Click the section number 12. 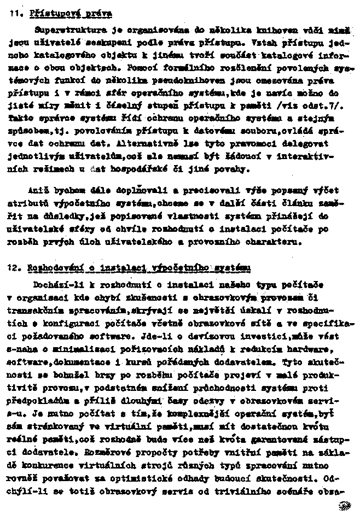coord(15,267)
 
